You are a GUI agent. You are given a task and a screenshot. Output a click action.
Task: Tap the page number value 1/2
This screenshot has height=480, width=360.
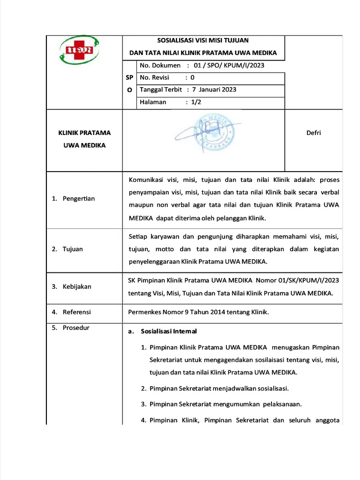tap(195, 102)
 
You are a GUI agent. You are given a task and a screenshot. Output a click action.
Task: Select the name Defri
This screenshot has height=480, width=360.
tap(314, 133)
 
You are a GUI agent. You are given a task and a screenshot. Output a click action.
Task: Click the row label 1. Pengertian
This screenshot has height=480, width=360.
tap(73, 199)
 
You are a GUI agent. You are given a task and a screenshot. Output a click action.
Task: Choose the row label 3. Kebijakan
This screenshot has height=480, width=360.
tap(71, 286)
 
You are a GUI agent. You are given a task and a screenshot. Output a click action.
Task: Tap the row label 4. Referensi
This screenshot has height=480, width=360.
tap(71, 312)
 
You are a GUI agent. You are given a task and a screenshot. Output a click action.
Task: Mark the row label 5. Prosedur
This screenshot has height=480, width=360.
tap(70, 328)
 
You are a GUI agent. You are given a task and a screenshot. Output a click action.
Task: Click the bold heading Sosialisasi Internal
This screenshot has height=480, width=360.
tap(169, 331)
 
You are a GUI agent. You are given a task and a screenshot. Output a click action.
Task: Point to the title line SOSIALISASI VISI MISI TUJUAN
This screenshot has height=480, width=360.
tap(203, 41)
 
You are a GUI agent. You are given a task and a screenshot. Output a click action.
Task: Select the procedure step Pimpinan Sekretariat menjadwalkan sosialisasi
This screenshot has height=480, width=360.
tap(219, 389)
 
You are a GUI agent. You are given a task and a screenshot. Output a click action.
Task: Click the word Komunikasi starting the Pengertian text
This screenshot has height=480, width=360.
tap(147, 180)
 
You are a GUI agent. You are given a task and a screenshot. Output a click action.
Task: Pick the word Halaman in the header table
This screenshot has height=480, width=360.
tap(153, 102)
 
